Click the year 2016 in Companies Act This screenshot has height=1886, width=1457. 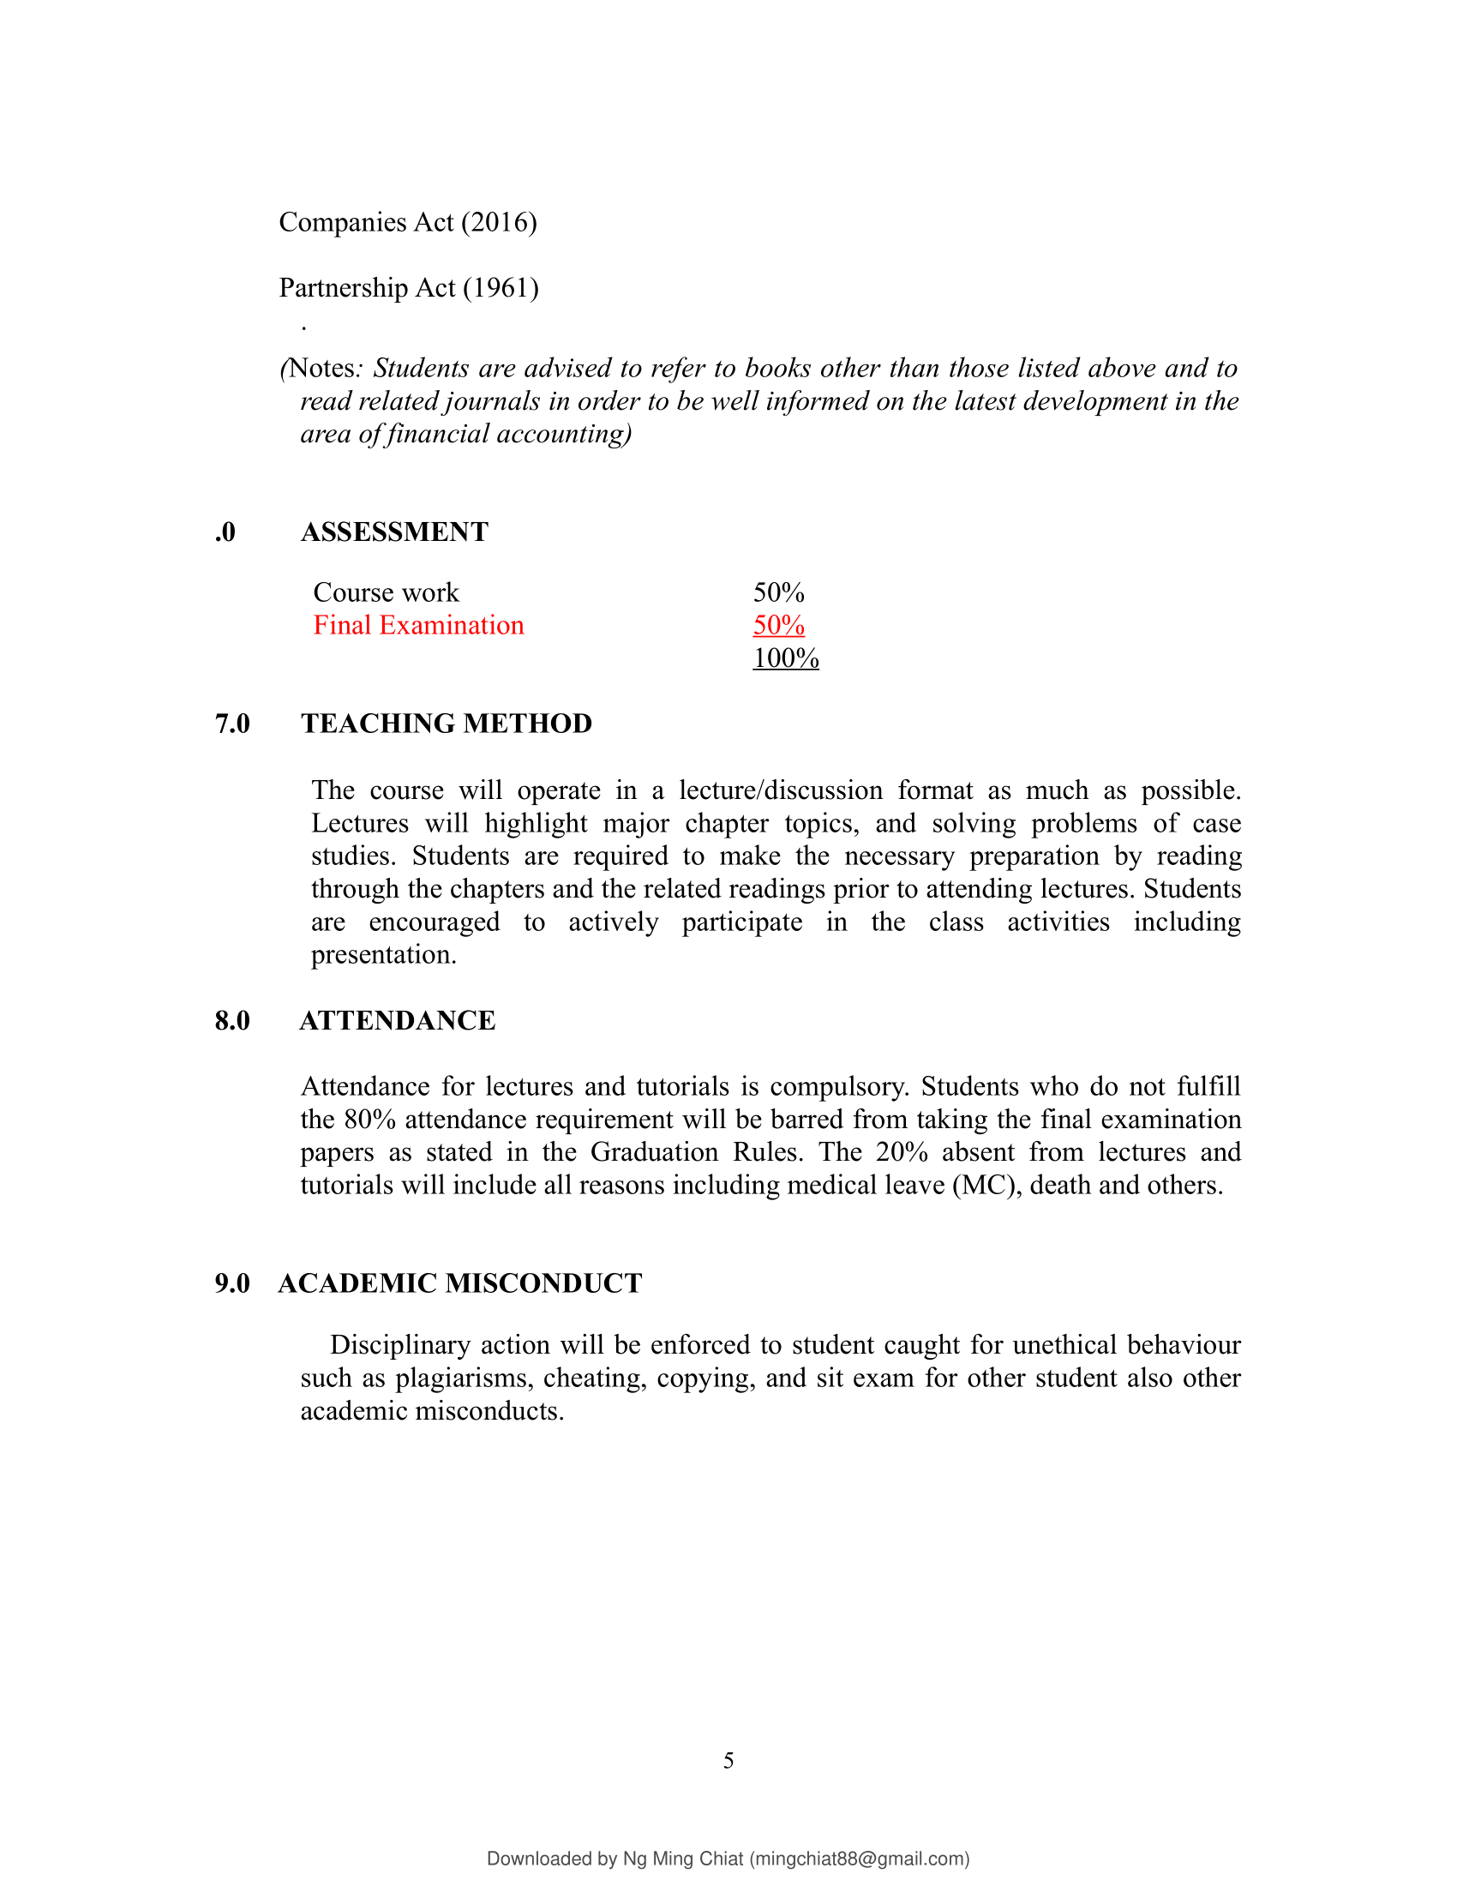pos(499,223)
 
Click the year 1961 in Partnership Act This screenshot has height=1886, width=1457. pos(501,288)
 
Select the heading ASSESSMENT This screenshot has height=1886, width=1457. pos(394,532)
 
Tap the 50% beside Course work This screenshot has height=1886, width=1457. pos(778,592)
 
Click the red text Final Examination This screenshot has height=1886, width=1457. pos(418,625)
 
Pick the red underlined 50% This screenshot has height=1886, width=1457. pos(778,625)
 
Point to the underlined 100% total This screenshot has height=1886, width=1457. pos(785,658)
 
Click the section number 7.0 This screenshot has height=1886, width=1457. pos(232,724)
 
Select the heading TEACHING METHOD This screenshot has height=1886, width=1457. pos(447,724)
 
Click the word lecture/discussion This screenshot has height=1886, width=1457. pos(780,790)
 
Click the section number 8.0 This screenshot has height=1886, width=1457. pos(232,1021)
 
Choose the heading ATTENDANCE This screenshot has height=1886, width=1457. pos(397,1021)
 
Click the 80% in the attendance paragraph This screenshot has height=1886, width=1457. pos(369,1120)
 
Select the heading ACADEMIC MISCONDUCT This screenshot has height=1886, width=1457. pos(460,1283)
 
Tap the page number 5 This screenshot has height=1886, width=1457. pos(728,1761)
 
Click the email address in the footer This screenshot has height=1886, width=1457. pos(859,1859)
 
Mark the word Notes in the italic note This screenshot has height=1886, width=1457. pos(322,369)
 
